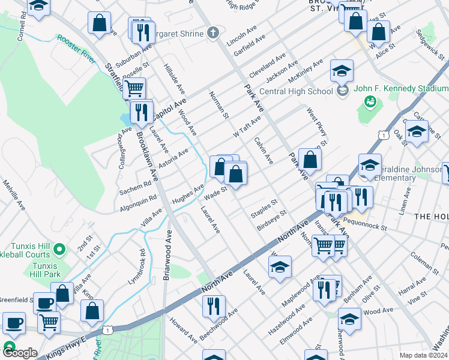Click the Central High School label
[296, 91]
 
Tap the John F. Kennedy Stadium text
[401, 88]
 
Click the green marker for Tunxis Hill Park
[59, 248]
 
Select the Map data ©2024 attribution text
[423, 355]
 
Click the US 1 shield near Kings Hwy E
[107, 329]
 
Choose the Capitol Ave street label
[169, 109]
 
